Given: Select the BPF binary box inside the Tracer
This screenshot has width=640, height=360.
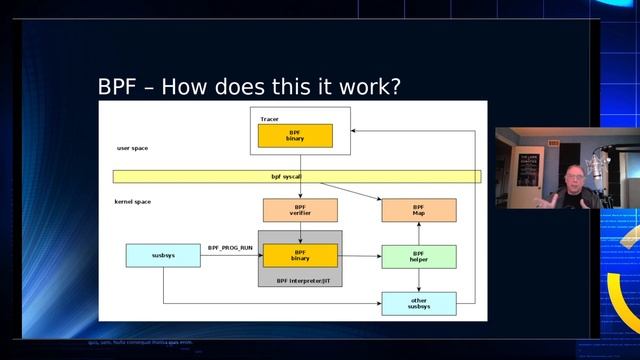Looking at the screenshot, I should point(295,136).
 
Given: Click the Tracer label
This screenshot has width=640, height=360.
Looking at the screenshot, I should point(270,119).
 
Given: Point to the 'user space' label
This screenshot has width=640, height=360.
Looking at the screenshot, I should point(132,148).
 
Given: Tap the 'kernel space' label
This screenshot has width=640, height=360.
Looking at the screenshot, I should point(134,202).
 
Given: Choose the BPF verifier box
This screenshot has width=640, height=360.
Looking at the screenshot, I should point(300,210).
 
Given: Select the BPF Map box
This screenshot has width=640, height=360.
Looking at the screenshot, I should point(419,210).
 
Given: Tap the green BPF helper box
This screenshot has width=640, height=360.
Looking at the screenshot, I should point(419,256).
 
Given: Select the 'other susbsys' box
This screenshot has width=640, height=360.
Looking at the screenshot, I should point(419,303).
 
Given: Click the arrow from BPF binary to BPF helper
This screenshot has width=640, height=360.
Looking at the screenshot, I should point(359,256).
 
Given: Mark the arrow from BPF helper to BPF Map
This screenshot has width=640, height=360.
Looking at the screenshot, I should point(419,233).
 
